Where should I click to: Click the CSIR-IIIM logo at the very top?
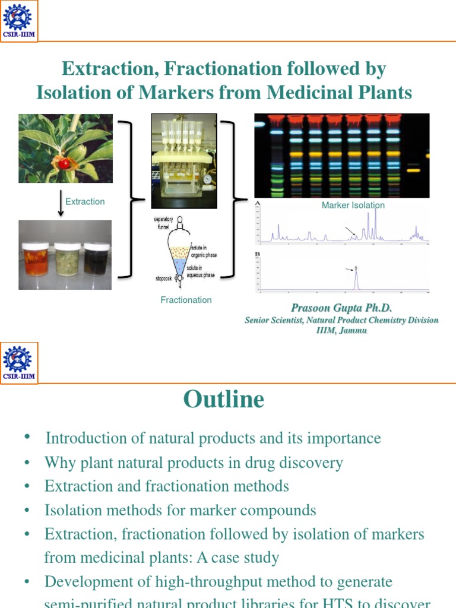[x=20, y=20]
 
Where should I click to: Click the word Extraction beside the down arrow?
[x=85, y=202]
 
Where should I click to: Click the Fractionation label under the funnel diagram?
[x=186, y=300]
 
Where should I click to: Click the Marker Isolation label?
[x=353, y=205]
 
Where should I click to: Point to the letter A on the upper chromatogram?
[x=258, y=203]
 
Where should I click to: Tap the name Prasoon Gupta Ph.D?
[x=341, y=308]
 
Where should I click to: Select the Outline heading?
[x=224, y=399]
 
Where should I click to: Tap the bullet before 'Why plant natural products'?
[x=27, y=463]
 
